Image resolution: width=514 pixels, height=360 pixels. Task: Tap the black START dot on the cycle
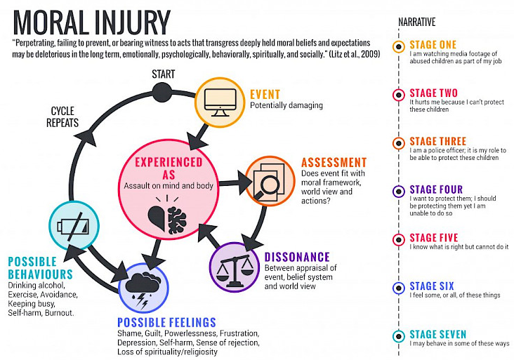pos(162,91)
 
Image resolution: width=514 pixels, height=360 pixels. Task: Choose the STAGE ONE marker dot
pos(398,47)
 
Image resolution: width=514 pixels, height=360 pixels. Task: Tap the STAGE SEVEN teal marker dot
pos(398,336)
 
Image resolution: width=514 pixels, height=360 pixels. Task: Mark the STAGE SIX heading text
pos(432,286)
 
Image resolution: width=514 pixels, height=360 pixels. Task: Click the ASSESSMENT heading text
pos(334,163)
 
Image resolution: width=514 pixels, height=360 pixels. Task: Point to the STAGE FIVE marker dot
pos(398,239)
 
